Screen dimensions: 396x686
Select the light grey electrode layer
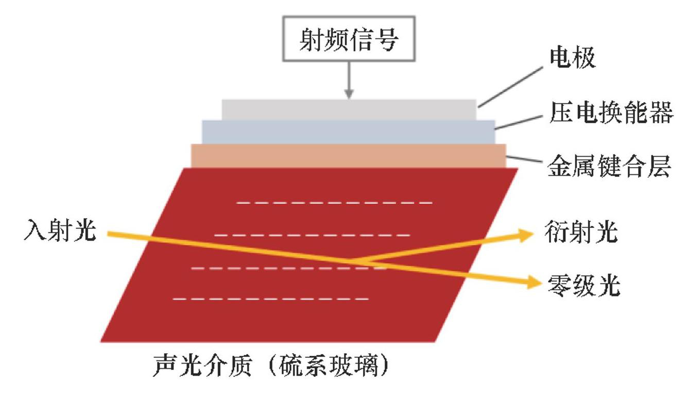click(x=349, y=109)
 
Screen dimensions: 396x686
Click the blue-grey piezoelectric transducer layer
click(x=348, y=131)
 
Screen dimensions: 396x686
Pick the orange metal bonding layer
click(x=348, y=155)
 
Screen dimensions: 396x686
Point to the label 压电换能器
click(x=610, y=113)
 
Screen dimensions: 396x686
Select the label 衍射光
click(x=580, y=233)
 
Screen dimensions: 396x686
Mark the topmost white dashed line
click(x=334, y=203)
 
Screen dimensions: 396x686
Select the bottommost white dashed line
click(x=271, y=299)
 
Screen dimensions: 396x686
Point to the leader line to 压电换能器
click(x=519, y=121)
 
